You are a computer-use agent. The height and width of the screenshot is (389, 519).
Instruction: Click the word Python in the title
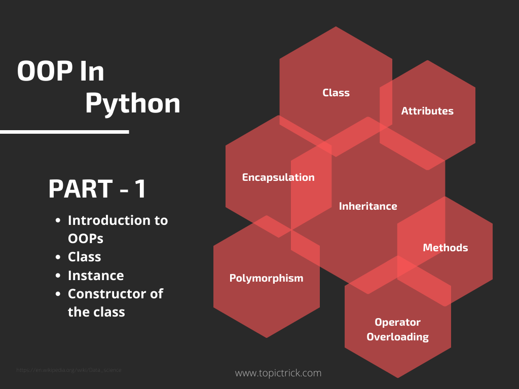click(132, 103)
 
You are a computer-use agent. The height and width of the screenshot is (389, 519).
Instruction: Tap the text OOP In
click(61, 71)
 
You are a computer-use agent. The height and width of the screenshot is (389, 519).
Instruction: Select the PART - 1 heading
click(97, 189)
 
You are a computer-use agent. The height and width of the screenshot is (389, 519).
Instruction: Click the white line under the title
click(64, 132)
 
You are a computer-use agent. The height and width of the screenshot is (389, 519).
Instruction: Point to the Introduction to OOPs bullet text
click(118, 229)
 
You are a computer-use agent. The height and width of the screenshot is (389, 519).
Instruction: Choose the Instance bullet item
click(96, 276)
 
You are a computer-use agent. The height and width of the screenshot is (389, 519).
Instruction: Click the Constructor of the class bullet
click(116, 302)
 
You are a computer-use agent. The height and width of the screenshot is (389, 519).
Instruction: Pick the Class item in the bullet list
click(85, 257)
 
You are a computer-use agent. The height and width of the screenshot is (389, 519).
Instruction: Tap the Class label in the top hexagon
click(336, 93)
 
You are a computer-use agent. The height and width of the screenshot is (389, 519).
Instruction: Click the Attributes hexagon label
click(427, 111)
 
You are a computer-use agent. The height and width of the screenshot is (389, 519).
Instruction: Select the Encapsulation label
click(278, 177)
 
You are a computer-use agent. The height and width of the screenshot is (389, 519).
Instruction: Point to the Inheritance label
click(368, 206)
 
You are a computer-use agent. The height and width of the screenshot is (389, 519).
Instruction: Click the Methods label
click(446, 248)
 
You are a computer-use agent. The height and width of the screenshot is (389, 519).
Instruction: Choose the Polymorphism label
click(267, 278)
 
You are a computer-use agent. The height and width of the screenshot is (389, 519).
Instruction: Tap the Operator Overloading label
click(398, 329)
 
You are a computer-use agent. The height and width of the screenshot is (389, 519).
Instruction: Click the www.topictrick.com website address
click(278, 373)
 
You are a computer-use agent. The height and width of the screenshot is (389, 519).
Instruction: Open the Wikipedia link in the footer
click(69, 370)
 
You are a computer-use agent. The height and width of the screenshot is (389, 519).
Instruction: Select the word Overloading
click(398, 337)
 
